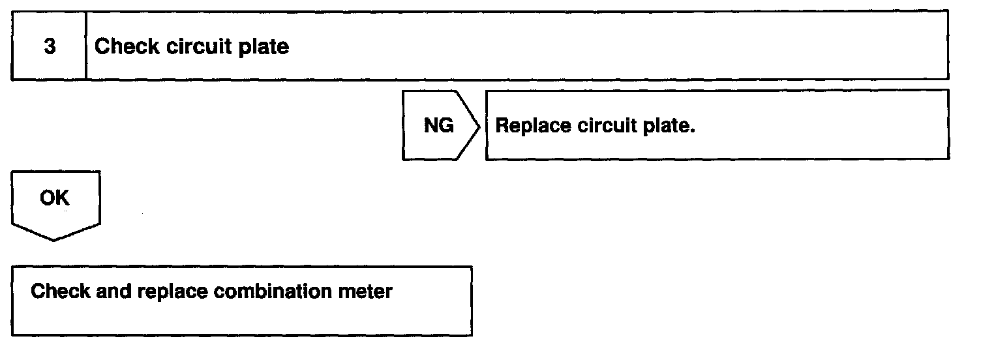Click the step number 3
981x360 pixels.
point(50,47)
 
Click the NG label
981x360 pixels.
point(438,125)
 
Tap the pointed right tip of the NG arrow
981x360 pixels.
point(479,125)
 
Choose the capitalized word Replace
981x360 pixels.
point(533,125)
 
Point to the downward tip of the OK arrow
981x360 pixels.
point(55,239)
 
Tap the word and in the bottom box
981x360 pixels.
point(114,291)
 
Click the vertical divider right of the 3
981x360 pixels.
point(86,46)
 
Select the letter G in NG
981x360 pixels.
point(446,125)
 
